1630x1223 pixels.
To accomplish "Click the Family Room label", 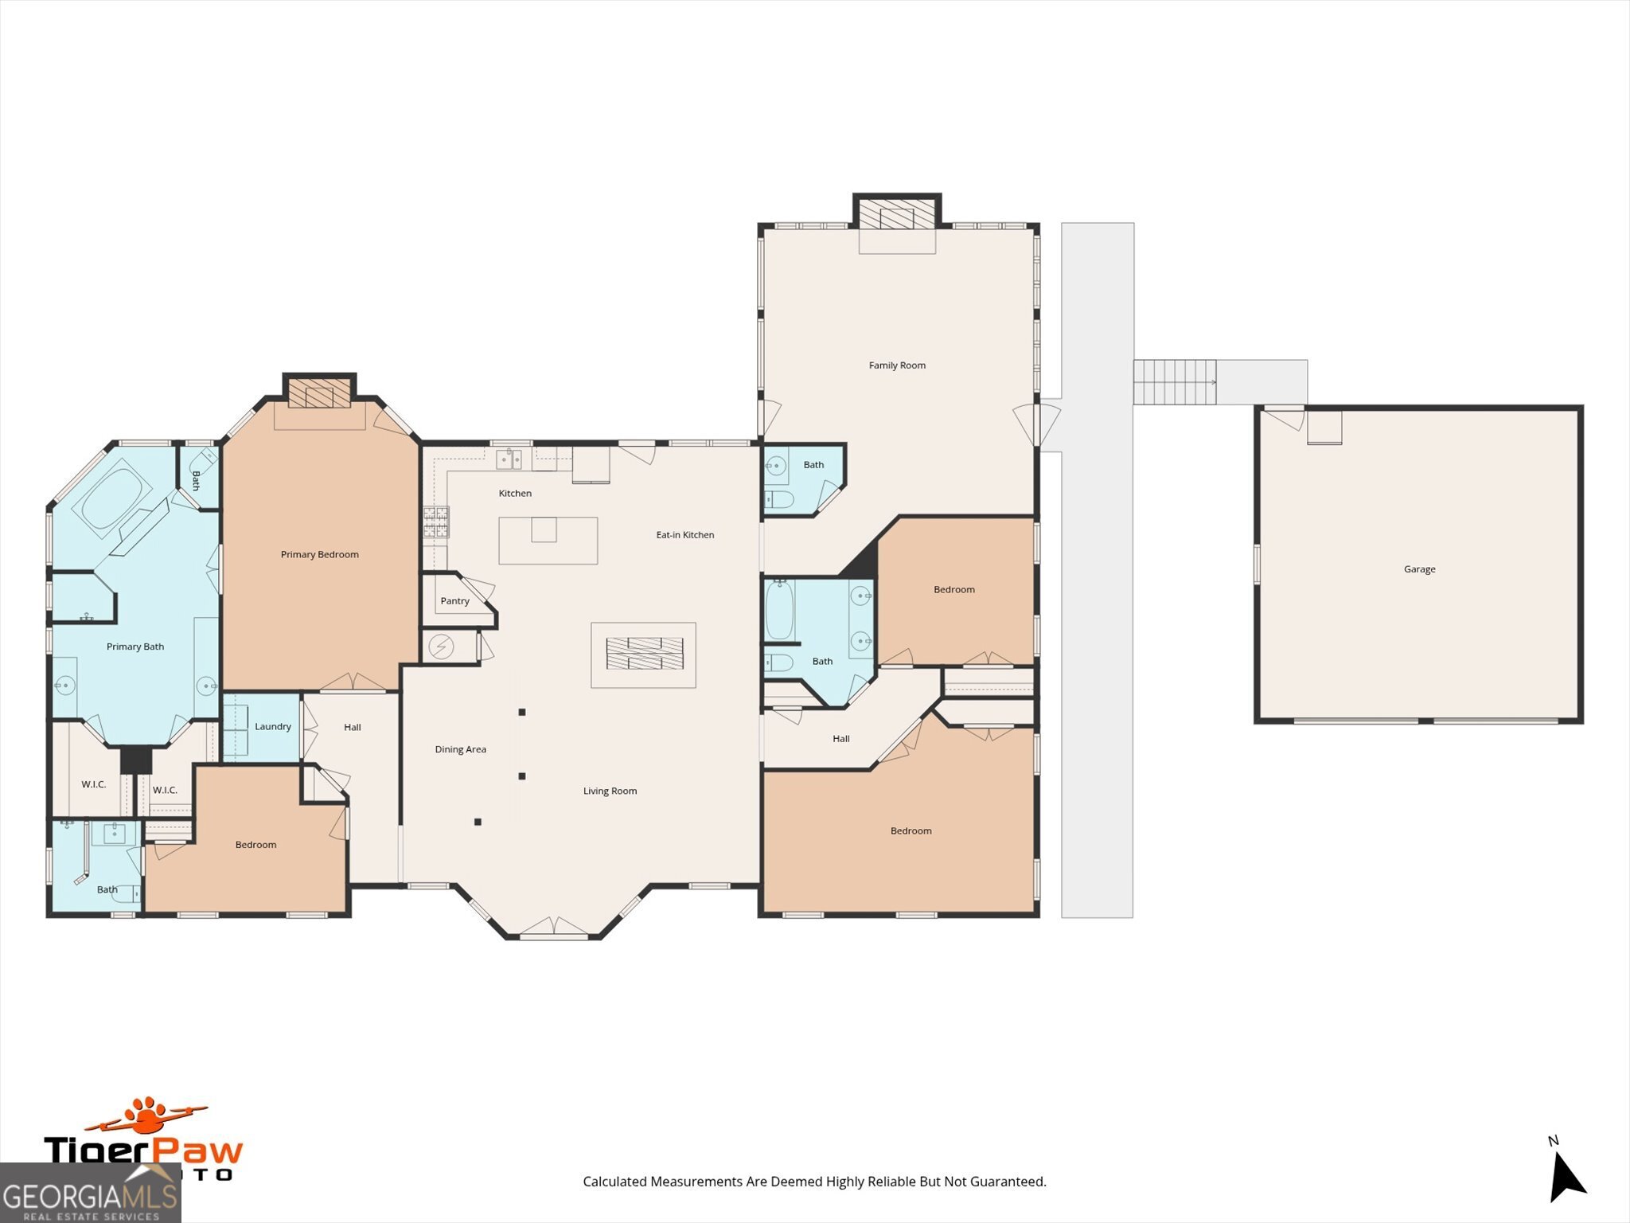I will pyautogui.click(x=897, y=365).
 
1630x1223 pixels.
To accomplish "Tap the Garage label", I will pyautogui.click(x=1419, y=569).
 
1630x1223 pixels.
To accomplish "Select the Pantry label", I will pyautogui.click(x=454, y=601).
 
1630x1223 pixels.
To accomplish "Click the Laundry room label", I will pyautogui.click(x=272, y=727).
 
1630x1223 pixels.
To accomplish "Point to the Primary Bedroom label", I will pyautogui.click(x=319, y=555).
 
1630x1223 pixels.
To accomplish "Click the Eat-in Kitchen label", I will pyautogui.click(x=684, y=535).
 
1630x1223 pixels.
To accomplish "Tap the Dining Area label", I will pyautogui.click(x=460, y=749).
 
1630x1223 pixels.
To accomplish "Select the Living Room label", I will pyautogui.click(x=610, y=791).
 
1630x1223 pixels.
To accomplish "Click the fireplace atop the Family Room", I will pyautogui.click(x=897, y=213).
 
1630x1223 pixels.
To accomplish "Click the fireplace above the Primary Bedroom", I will pyautogui.click(x=319, y=393).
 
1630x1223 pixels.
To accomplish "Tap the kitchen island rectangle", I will pyautogui.click(x=548, y=541).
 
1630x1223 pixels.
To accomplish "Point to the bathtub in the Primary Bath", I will pyautogui.click(x=111, y=498).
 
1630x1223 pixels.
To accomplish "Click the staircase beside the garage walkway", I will pyautogui.click(x=1174, y=382).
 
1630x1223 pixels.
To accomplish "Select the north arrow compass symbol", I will pyautogui.click(x=1566, y=1177).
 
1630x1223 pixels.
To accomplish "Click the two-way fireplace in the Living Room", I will pyautogui.click(x=644, y=654).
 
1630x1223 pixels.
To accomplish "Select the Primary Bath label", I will pyautogui.click(x=135, y=647).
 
